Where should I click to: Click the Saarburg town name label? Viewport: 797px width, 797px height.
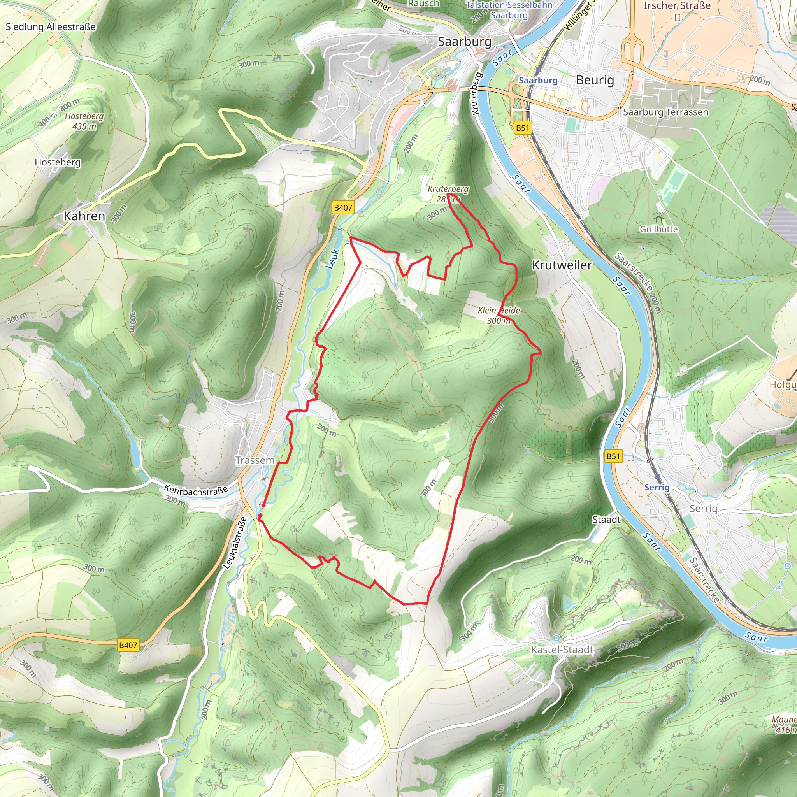(465, 42)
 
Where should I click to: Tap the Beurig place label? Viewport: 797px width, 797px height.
(595, 80)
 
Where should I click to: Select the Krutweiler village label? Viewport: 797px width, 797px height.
(562, 265)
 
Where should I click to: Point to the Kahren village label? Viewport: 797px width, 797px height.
(84, 216)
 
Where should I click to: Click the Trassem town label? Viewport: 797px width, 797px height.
(255, 460)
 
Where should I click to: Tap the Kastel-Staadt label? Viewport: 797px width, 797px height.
(562, 650)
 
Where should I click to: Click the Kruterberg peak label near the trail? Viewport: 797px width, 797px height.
(448, 193)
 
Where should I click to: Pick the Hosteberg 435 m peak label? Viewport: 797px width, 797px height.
(84, 121)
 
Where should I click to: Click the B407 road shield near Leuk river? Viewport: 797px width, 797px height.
(343, 207)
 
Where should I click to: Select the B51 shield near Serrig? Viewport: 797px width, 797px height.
(613, 456)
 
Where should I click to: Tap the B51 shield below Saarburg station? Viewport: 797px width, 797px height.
(522, 128)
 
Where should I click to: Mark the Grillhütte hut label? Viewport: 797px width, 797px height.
(658, 229)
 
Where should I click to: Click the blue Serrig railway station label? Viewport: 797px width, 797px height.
(657, 487)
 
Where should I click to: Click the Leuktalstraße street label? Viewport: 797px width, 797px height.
(235, 543)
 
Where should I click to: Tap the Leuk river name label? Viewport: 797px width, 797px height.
(332, 259)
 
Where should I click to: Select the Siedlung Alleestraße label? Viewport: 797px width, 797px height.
(50, 27)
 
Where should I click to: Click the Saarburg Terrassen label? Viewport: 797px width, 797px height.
(665, 112)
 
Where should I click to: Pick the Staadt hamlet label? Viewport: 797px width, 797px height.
(606, 520)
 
